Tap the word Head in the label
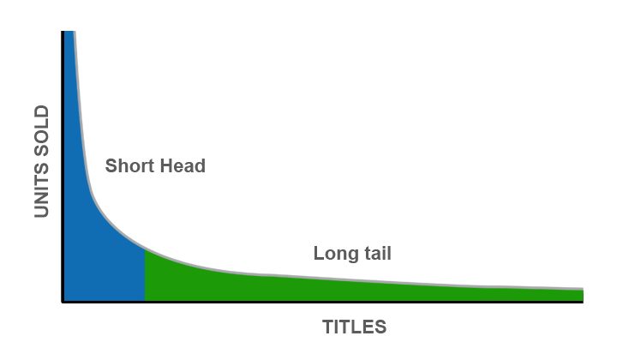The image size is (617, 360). coord(183,165)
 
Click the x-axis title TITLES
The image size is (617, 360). coord(355,327)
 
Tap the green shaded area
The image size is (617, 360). coord(314,289)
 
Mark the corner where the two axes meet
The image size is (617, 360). coord(63,302)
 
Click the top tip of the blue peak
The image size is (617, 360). coord(69,32)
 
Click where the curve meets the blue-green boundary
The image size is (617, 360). coord(145,249)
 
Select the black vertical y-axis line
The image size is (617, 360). coord(63,166)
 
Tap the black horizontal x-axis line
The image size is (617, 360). coord(322,302)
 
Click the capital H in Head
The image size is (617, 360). coord(165,165)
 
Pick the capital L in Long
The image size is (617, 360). coord(318,253)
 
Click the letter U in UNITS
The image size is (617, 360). coord(41,211)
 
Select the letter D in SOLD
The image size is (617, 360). coord(41,111)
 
